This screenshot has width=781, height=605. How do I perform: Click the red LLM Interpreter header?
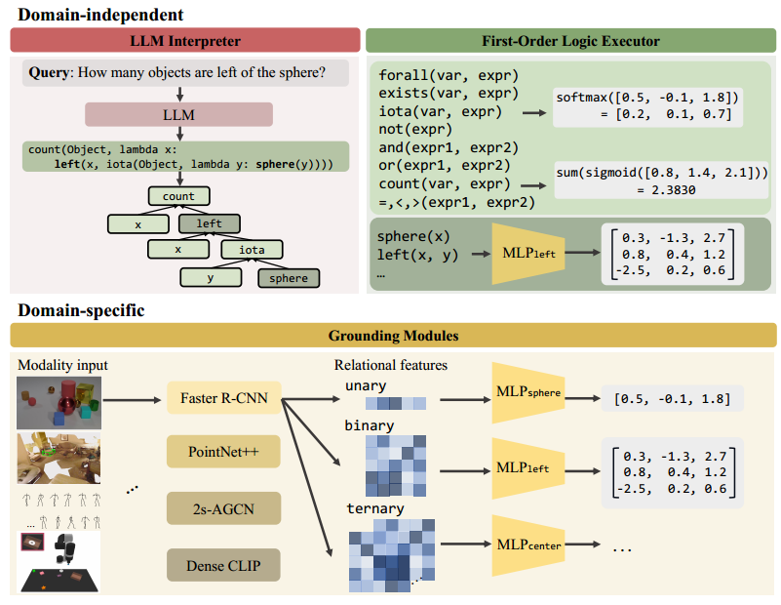point(185,41)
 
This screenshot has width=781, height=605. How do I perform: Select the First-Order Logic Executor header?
point(570,41)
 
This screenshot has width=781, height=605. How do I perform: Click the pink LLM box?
point(179,115)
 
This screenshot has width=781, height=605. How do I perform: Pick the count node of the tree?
point(178,196)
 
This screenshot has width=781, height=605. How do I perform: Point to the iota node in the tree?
point(252,250)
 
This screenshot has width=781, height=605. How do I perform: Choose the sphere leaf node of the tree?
point(289,278)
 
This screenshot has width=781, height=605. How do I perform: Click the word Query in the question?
point(49,73)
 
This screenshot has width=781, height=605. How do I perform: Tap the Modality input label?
point(62,365)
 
